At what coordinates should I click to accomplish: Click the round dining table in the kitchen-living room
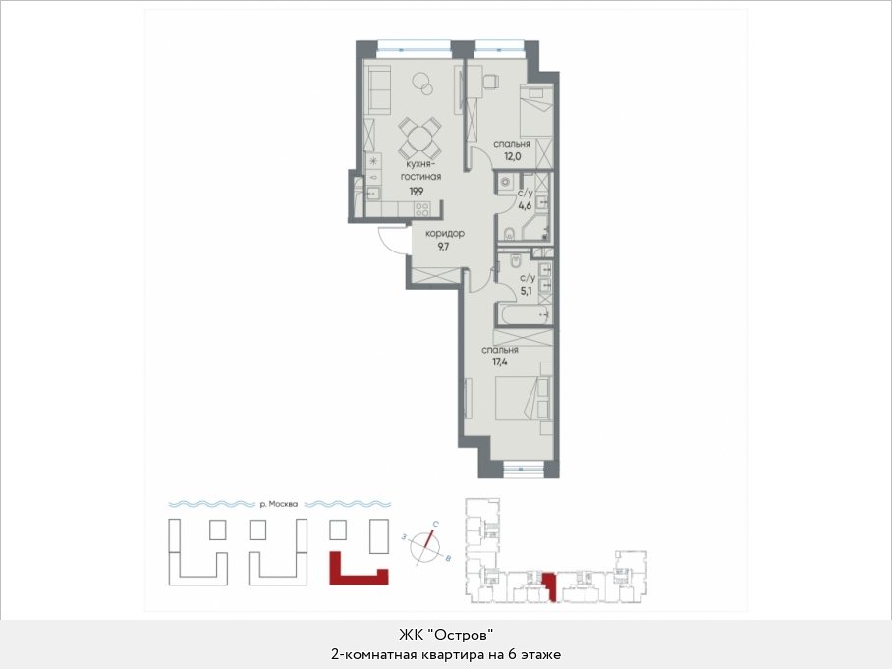click(418, 139)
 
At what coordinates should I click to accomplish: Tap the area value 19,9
click(417, 192)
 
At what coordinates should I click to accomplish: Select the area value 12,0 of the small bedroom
click(512, 155)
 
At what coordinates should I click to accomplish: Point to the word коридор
click(445, 233)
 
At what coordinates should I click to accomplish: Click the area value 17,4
click(499, 362)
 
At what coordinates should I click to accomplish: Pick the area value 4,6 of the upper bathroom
click(525, 205)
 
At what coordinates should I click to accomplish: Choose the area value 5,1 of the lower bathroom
click(527, 291)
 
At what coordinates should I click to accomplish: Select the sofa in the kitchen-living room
click(377, 89)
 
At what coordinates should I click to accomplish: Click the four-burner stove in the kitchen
click(422, 209)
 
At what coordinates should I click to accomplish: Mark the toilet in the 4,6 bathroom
click(509, 233)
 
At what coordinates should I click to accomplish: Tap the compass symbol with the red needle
click(426, 546)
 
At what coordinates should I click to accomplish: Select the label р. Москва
click(278, 504)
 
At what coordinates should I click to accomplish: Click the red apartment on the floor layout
click(549, 585)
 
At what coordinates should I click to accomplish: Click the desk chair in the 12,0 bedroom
click(491, 82)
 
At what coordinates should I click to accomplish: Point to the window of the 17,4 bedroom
click(524, 470)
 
